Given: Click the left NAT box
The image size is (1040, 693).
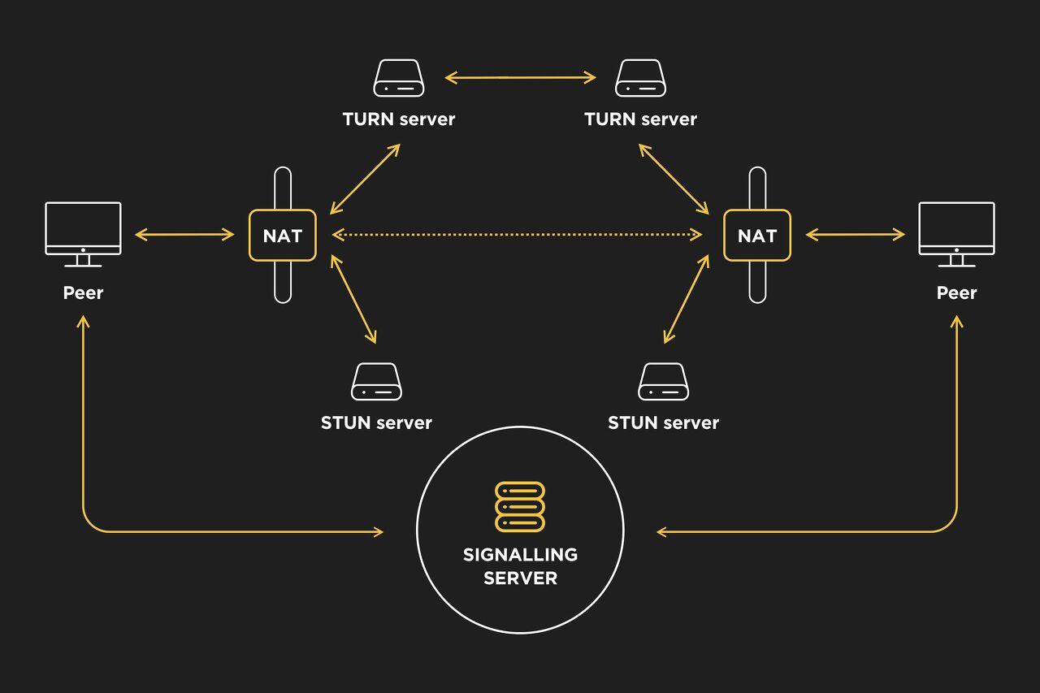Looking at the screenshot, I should (x=282, y=236).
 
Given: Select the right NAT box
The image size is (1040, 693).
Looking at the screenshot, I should (x=756, y=236).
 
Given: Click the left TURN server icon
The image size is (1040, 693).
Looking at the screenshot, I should (x=398, y=78).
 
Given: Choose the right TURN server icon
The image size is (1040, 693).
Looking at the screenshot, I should (x=640, y=78).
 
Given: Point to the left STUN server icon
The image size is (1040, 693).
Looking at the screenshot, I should (x=376, y=382).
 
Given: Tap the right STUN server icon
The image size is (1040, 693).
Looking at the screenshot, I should (x=663, y=382).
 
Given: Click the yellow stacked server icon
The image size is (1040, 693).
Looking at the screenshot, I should (x=520, y=507).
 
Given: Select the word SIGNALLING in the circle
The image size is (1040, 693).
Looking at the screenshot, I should (x=520, y=555).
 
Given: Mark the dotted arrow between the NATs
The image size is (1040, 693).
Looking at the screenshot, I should (x=518, y=235).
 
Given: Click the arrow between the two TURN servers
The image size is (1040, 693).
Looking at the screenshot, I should (x=520, y=78).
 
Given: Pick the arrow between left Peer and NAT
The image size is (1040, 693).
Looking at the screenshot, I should (x=184, y=235).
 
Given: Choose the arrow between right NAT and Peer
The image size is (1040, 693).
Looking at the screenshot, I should (x=855, y=235).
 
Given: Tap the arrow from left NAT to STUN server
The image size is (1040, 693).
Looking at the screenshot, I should (x=353, y=298).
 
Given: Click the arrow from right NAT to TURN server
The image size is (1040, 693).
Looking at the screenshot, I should (x=674, y=179).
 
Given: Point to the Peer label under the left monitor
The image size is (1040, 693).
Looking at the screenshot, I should (x=83, y=292).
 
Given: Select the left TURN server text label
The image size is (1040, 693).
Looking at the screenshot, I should (x=398, y=119).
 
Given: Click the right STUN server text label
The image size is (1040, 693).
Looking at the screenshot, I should (x=663, y=423).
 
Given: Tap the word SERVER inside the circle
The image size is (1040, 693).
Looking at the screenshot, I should (x=520, y=578).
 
